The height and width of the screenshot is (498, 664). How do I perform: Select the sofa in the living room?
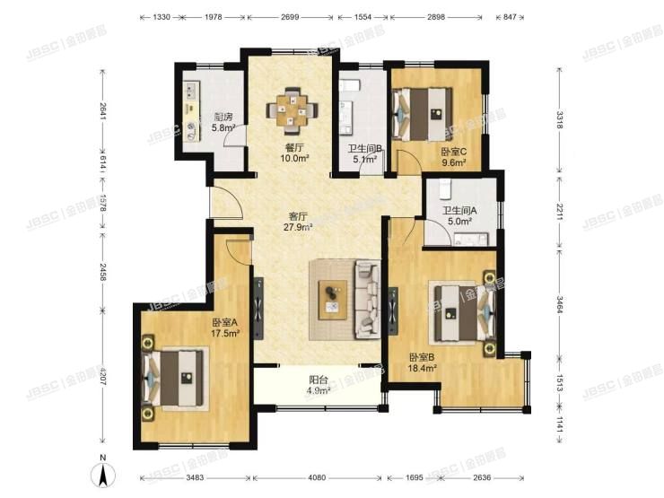(x=368, y=300)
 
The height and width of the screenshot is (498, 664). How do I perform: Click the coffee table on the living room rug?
(x=333, y=300)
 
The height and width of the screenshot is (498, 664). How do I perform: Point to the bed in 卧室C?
(x=422, y=113)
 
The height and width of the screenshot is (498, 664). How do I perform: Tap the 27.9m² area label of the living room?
(x=298, y=227)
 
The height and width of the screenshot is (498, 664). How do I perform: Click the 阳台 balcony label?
(x=319, y=380)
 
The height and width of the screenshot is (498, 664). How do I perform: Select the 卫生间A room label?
(x=460, y=210)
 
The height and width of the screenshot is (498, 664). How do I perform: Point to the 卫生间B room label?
(x=365, y=149)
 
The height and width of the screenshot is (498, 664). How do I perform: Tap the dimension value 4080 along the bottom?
(x=317, y=477)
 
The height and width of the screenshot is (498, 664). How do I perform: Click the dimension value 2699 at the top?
(x=290, y=17)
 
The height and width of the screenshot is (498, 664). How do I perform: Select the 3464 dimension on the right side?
(x=560, y=304)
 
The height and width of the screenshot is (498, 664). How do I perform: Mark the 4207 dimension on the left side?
(x=103, y=377)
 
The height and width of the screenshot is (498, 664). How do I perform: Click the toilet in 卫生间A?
(x=445, y=188)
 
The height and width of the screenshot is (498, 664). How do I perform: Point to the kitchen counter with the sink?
(x=191, y=111)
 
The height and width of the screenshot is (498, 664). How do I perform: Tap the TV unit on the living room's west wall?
(x=258, y=308)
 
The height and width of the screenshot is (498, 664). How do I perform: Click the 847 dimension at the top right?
(x=511, y=17)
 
